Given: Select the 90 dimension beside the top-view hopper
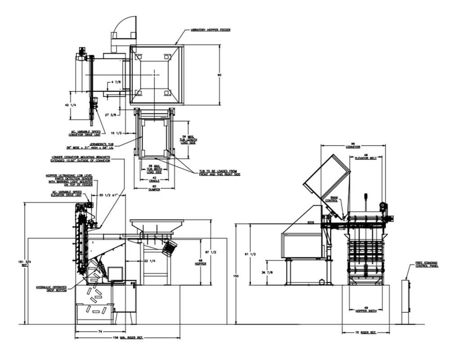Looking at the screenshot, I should tap(220, 74).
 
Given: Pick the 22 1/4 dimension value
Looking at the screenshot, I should tap(149, 261).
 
